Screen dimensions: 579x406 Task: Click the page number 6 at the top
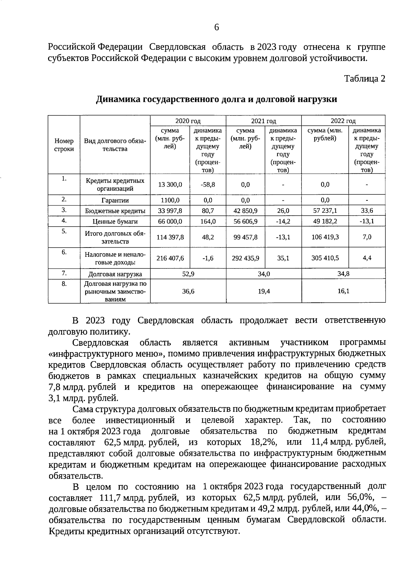217,27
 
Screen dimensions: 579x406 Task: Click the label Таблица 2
364,79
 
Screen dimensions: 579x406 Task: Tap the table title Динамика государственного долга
217,99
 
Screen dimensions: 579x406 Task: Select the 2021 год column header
263,121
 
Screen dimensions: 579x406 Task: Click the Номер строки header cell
64,145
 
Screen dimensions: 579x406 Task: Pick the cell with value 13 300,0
170,185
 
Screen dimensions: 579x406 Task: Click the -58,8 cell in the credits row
208,185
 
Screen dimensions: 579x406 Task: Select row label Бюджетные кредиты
115,211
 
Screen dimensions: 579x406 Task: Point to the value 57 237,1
325,211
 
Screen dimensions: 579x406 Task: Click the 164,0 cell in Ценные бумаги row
208,221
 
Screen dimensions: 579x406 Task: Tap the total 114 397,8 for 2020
170,237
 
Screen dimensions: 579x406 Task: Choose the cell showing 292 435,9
246,258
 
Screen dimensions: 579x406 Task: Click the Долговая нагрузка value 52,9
188,274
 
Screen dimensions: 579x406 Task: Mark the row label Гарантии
115,200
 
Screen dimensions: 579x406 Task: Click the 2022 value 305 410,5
325,258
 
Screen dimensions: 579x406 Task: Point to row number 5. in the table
64,231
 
